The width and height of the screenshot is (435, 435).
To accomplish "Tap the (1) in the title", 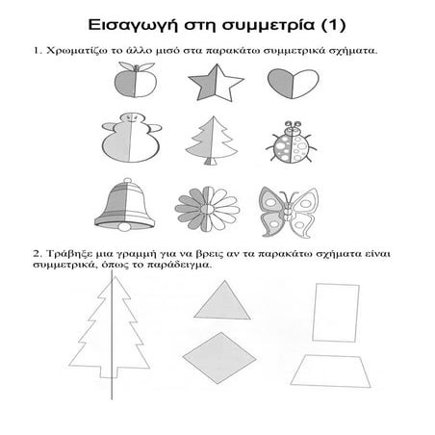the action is click(333, 25).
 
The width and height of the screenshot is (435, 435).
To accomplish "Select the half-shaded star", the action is click(216, 83).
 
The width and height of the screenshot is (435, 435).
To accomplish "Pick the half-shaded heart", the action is click(294, 84).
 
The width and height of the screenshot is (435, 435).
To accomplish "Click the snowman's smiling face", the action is click(132, 118).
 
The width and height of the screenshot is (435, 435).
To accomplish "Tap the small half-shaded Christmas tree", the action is click(212, 141).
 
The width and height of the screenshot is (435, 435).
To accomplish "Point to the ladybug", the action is click(292, 141).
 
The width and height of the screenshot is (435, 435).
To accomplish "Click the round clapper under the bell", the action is click(125, 227).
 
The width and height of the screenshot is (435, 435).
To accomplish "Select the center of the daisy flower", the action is click(208, 209).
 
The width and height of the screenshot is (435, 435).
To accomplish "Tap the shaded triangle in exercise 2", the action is click(222, 300).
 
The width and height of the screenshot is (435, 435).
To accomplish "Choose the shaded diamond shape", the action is click(219, 358).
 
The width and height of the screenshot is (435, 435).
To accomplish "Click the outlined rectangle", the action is click(336, 313).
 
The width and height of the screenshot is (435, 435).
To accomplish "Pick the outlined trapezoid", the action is click(330, 371).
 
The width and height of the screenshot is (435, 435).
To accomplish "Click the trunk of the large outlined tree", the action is click(109, 371).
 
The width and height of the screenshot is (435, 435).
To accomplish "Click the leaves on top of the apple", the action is click(137, 66).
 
